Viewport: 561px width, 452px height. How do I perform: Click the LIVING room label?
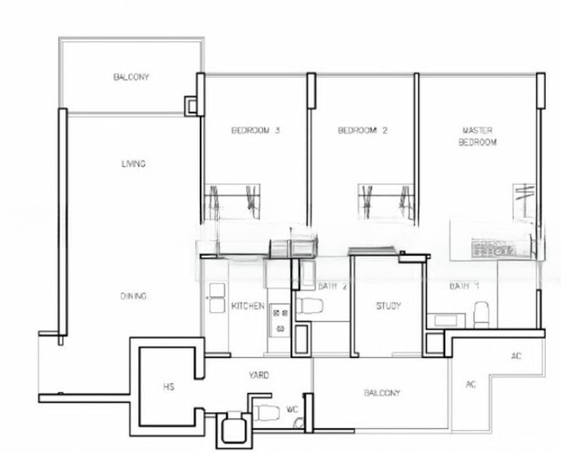[x=133, y=163]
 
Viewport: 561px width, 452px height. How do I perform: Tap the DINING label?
[x=133, y=296]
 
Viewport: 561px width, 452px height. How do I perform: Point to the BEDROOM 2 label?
[x=362, y=130]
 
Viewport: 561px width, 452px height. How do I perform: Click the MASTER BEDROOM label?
[x=477, y=136]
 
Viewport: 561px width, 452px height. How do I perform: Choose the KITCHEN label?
[x=247, y=307]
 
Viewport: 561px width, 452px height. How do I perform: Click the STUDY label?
[x=388, y=307]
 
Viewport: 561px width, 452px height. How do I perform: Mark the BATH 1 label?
[x=464, y=286]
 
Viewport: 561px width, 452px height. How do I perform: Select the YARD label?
[x=259, y=374]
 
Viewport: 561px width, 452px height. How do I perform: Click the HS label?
[x=168, y=387]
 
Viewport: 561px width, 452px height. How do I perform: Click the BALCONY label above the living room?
[x=131, y=77]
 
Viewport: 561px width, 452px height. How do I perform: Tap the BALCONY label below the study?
[x=382, y=392]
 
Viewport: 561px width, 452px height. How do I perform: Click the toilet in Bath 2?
[x=309, y=307]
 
